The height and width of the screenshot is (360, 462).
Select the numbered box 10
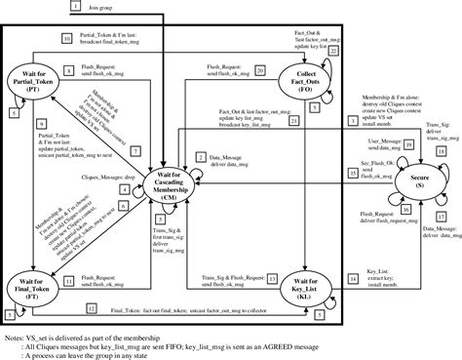68,38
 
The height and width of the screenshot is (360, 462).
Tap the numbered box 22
332,50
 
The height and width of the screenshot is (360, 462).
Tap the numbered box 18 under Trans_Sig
440,126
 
